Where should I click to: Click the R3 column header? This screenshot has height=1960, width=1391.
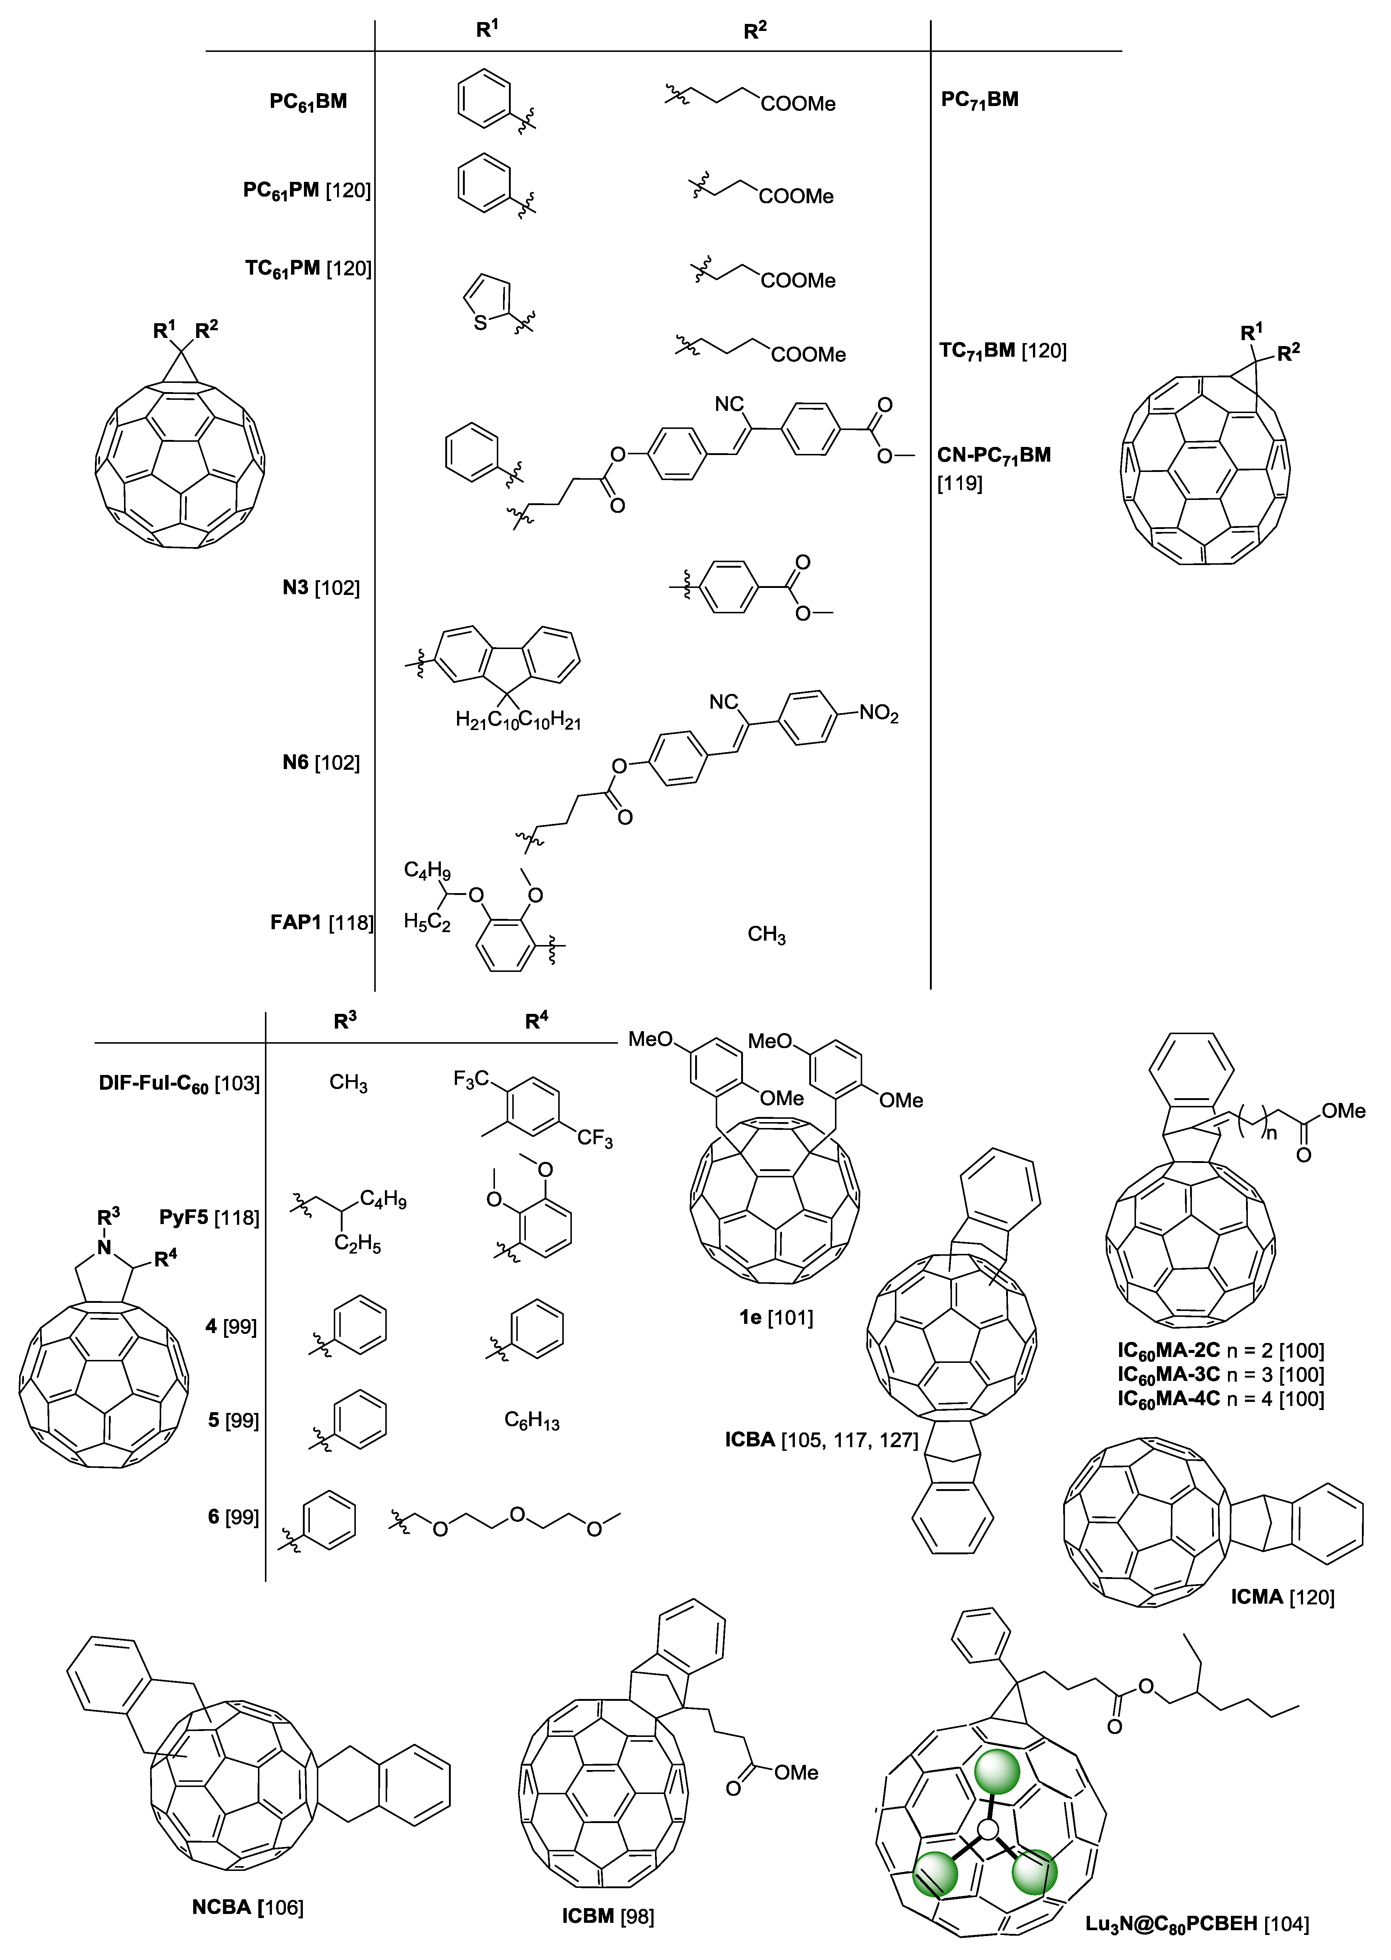coord(344,1020)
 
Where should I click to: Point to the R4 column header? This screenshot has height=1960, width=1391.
coord(536,1020)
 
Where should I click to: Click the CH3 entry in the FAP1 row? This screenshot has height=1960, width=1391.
coord(766,935)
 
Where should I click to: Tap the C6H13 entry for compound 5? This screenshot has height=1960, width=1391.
coord(531,1421)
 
